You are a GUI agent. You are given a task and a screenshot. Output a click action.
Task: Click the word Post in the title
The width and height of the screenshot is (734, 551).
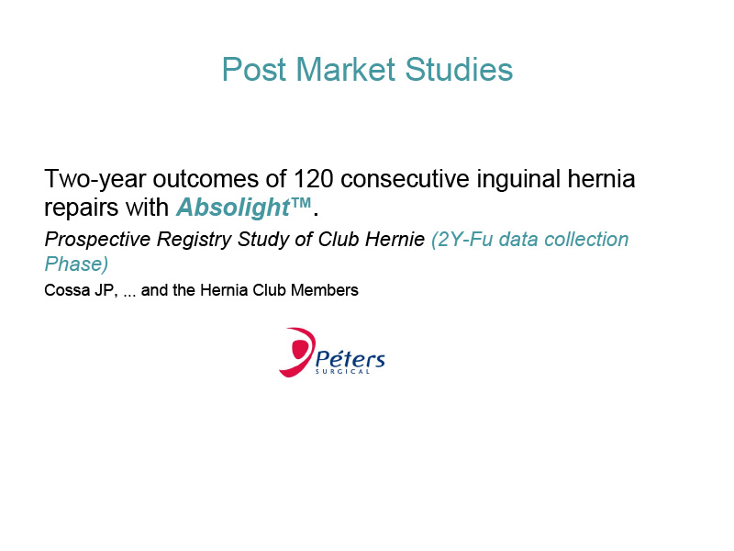(x=254, y=70)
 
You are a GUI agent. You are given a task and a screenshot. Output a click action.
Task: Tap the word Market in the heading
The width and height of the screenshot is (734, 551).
(x=346, y=70)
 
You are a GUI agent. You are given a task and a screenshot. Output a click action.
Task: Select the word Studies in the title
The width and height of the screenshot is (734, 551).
(x=459, y=70)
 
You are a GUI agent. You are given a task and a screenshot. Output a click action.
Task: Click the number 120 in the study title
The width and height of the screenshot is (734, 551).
(x=314, y=178)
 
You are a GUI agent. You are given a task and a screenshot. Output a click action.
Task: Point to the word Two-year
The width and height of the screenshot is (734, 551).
(x=95, y=180)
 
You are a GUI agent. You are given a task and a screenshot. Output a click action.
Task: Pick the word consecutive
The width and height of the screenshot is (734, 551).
(x=405, y=178)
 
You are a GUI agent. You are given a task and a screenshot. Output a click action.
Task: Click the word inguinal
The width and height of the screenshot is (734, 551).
(x=518, y=180)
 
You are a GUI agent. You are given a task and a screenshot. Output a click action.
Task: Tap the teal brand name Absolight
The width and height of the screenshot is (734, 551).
(x=233, y=208)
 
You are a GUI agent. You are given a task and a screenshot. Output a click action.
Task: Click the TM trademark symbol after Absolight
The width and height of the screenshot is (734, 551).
(x=301, y=203)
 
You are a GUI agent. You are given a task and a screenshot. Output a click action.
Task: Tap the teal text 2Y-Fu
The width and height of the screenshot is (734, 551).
(x=462, y=240)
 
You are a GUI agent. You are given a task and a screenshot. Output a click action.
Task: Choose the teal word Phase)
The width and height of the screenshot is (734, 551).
(x=76, y=264)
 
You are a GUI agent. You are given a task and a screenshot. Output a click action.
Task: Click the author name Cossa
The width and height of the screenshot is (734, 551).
(x=67, y=290)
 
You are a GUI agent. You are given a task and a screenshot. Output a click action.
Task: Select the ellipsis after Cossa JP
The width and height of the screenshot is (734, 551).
(x=129, y=295)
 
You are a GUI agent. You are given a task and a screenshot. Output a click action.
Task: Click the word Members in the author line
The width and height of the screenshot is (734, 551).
(x=325, y=290)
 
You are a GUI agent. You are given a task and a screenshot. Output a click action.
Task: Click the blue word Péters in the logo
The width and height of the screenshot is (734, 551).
(x=350, y=358)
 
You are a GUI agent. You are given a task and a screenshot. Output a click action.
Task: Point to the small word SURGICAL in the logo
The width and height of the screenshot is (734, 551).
(x=342, y=372)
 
